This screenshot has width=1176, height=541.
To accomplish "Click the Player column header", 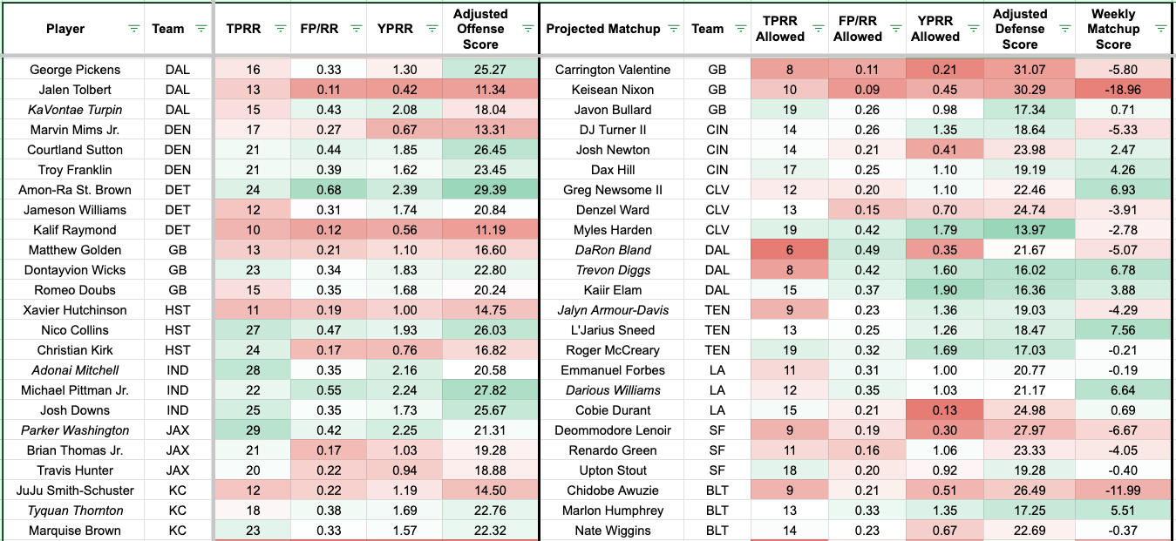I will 65,29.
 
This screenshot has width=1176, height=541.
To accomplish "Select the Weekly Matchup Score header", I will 1113,29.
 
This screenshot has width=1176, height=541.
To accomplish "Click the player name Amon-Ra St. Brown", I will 74,190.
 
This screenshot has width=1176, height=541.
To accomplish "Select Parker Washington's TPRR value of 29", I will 254,430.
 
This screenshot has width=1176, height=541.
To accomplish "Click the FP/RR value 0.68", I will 328,190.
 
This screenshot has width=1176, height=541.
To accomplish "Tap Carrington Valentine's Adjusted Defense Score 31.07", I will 1019,70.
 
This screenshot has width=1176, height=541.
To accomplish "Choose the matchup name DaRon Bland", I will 613,250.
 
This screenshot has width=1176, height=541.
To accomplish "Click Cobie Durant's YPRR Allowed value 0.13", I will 935,410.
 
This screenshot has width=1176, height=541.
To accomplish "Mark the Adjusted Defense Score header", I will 1019,29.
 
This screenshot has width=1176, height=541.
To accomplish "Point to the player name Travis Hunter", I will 75,470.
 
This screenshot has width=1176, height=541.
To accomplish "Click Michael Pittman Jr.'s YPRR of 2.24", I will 404,390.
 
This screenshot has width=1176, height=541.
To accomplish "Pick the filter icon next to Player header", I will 133,29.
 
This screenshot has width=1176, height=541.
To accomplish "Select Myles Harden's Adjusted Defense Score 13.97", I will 1019,230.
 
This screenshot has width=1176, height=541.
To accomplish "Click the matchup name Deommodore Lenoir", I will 613,430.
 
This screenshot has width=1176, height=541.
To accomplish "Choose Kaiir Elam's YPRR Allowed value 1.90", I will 935,290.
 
